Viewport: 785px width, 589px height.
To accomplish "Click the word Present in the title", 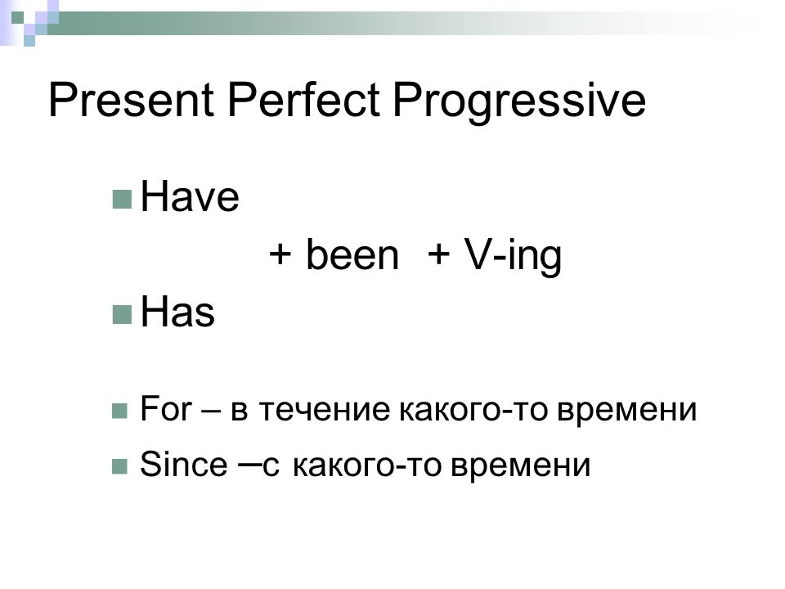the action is tap(131, 100).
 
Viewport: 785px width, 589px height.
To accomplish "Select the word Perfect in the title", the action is tap(303, 100).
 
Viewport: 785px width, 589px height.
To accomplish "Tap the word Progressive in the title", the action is tap(519, 103).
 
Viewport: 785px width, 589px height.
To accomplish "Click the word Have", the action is tap(190, 196).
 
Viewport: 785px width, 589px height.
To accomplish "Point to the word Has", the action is tap(177, 312).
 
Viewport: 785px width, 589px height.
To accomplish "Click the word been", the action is tap(352, 254).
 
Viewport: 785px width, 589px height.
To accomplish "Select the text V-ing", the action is tap(513, 255).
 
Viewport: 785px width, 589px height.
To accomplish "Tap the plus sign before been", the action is tap(280, 254).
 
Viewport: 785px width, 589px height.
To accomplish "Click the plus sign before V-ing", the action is tap(438, 254).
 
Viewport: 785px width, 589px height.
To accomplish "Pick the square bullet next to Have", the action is tap(122, 199).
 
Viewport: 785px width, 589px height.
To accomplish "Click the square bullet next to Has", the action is tap(122, 314).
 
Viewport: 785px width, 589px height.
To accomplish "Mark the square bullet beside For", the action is tap(119, 411).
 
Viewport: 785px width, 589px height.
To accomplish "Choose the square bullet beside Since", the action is tap(119, 467).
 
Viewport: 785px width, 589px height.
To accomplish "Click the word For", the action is tap(166, 408).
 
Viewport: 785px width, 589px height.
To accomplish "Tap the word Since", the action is tap(183, 464).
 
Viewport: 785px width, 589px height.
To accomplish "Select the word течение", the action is tap(325, 410).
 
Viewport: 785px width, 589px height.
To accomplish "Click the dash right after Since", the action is tap(249, 465).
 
